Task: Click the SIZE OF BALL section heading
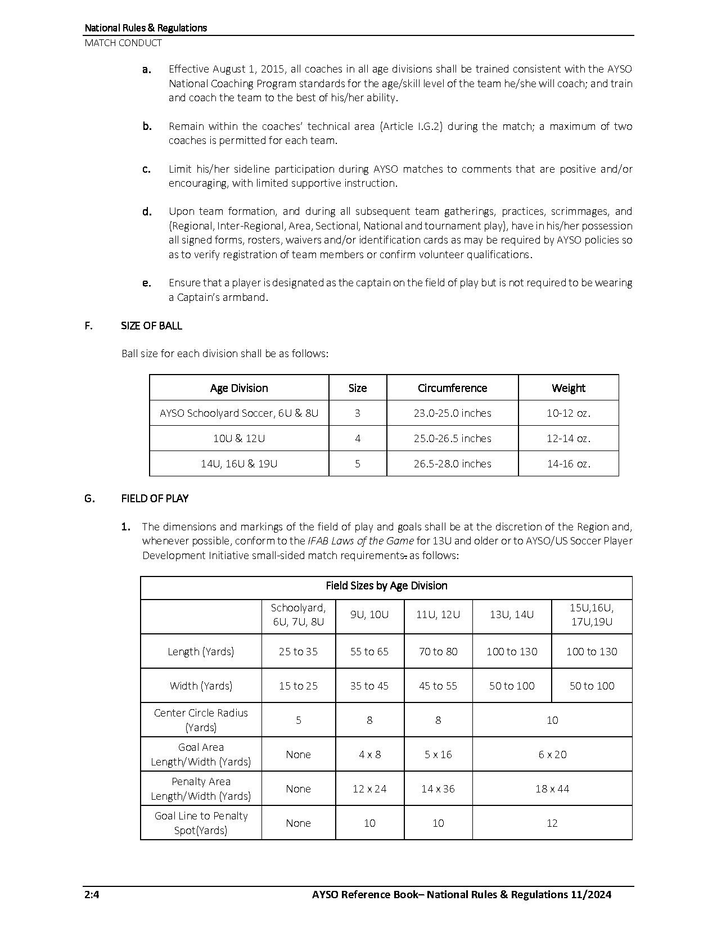(x=151, y=326)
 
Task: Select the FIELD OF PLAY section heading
(x=155, y=498)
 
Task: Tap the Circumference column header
(x=452, y=388)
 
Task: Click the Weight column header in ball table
(x=568, y=388)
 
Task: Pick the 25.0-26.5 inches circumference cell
(x=452, y=438)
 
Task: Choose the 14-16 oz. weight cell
(x=568, y=463)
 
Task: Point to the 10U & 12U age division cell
(x=239, y=438)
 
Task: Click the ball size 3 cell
(x=358, y=413)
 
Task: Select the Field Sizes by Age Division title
(x=386, y=585)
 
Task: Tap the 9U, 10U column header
(x=369, y=615)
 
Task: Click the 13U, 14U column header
(x=512, y=615)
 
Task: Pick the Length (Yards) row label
(x=201, y=651)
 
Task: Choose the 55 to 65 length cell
(x=369, y=651)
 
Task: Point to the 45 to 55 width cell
(x=438, y=686)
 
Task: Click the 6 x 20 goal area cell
(x=552, y=754)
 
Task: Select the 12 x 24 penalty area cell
(x=369, y=789)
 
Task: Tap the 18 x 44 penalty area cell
(x=552, y=789)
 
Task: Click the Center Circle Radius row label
(x=201, y=720)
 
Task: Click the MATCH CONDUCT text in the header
(x=123, y=43)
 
